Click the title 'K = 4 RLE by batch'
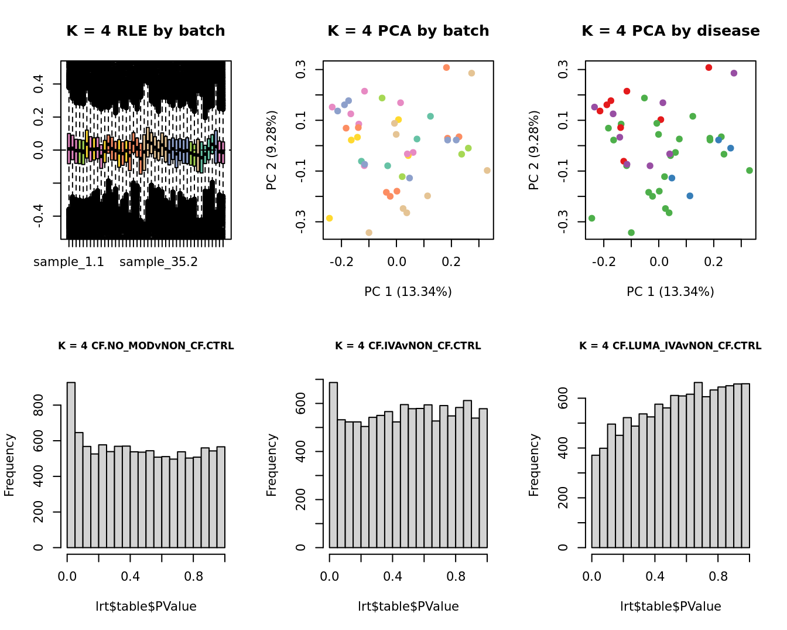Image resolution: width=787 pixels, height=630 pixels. (x=145, y=31)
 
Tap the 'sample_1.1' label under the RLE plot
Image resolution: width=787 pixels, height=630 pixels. (x=69, y=262)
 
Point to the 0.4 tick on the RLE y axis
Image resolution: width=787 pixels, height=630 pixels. (x=39, y=84)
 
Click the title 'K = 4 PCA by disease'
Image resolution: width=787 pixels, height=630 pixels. (x=670, y=31)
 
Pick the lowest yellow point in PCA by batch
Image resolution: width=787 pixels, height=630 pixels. (x=330, y=218)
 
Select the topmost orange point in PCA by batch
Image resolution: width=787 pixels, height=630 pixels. (x=446, y=68)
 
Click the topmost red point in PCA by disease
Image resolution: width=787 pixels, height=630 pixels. (x=709, y=68)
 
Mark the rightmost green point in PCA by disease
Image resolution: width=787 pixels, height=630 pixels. (x=750, y=171)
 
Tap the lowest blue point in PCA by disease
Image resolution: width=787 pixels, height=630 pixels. (x=690, y=196)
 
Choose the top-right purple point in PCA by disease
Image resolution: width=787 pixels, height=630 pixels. (x=734, y=73)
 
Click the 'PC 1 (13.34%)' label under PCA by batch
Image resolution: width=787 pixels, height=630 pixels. (x=408, y=292)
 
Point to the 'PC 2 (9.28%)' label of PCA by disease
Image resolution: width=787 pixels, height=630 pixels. (x=533, y=150)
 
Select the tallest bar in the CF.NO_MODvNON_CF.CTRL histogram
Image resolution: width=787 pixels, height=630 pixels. (x=71, y=465)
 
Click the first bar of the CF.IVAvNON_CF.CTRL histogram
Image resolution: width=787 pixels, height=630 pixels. (x=334, y=465)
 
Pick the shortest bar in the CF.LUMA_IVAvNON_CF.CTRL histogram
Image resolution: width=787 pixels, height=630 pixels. (x=596, y=501)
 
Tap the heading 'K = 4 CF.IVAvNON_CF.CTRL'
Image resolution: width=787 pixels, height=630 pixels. (x=408, y=346)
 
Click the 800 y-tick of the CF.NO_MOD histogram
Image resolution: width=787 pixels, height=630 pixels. (x=39, y=405)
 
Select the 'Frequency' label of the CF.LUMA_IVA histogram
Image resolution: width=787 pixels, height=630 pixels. (x=533, y=465)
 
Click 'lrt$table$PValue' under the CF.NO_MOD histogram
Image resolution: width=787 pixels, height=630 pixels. (x=146, y=607)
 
